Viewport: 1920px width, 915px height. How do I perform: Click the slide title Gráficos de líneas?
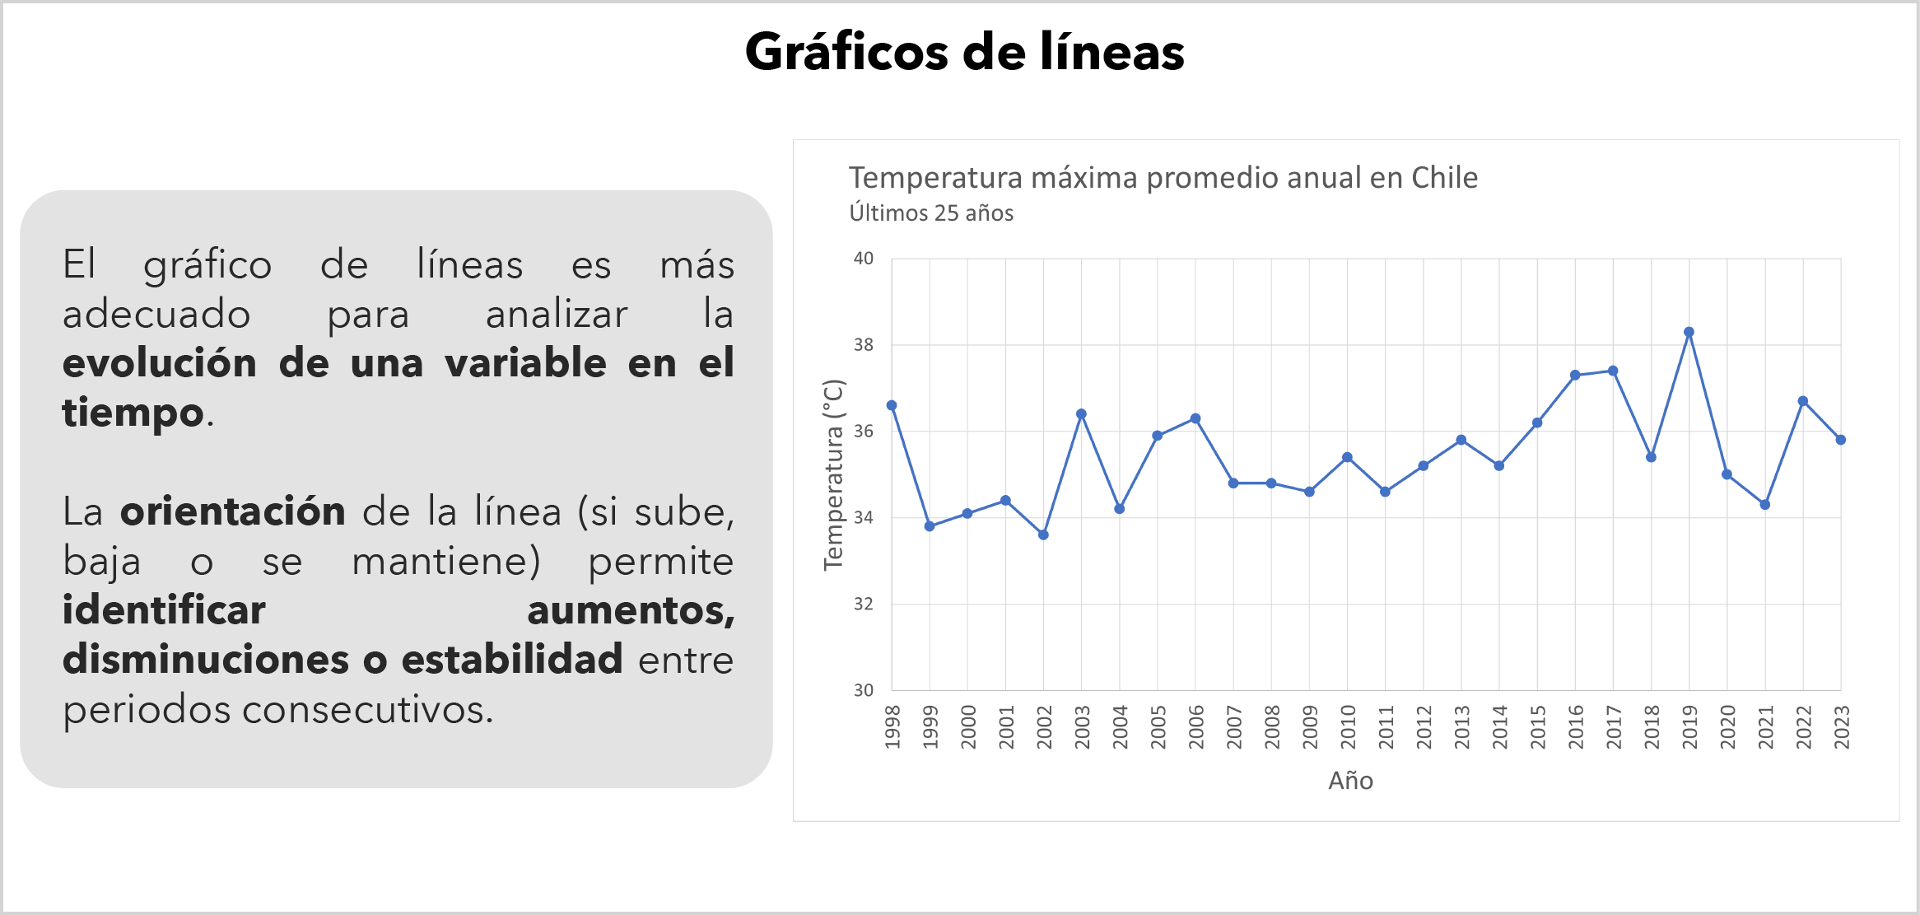(964, 52)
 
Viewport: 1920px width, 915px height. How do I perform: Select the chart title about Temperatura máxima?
(1163, 178)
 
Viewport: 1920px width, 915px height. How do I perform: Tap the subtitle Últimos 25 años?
(931, 213)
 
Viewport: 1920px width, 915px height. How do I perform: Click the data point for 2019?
(1689, 333)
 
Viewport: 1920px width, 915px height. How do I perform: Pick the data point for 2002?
(1043, 535)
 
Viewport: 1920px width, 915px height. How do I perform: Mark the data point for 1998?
(892, 405)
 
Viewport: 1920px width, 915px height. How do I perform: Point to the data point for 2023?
(1841, 440)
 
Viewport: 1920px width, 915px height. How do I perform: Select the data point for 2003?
(1081, 414)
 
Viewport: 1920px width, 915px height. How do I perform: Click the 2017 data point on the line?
(1613, 371)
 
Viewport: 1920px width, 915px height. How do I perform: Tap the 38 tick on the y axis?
(863, 345)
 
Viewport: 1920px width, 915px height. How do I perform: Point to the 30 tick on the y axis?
(863, 690)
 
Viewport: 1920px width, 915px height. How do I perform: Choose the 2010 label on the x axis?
(1348, 726)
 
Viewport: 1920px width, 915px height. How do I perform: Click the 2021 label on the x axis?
(1765, 726)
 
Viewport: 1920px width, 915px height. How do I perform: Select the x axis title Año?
(1350, 781)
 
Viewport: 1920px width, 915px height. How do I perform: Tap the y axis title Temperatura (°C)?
(833, 474)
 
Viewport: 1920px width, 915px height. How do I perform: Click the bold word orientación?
(233, 511)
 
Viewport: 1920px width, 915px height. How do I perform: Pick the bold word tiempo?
(133, 412)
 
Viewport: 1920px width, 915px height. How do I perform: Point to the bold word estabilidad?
(511, 660)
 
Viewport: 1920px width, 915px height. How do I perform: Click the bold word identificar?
(164, 610)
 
